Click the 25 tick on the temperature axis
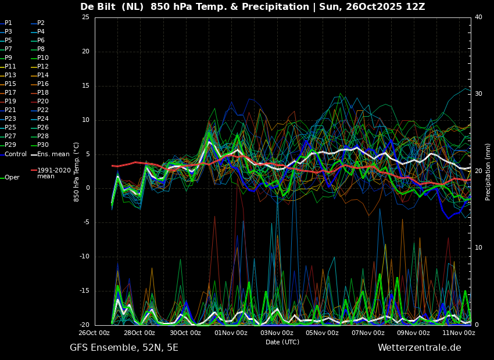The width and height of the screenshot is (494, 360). pyautogui.click(x=85, y=17)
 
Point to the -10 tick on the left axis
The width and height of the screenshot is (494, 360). pyautogui.click(x=85, y=257)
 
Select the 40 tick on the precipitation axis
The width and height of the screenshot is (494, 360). pyautogui.click(x=478, y=17)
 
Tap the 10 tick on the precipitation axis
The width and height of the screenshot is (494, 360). pyautogui.click(x=478, y=248)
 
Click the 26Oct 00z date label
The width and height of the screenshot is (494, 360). pyautogui.click(x=94, y=333)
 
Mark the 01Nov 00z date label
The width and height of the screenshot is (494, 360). pyautogui.click(x=231, y=333)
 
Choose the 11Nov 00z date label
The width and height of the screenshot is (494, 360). pyautogui.click(x=459, y=333)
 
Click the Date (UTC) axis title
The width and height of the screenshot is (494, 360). pyautogui.click(x=282, y=342)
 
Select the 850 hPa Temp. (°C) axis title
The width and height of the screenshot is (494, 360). pyautogui.click(x=76, y=172)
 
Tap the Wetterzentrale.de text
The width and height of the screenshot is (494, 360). pyautogui.click(x=420, y=348)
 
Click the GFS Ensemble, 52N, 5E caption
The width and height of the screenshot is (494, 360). pyautogui.click(x=124, y=348)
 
